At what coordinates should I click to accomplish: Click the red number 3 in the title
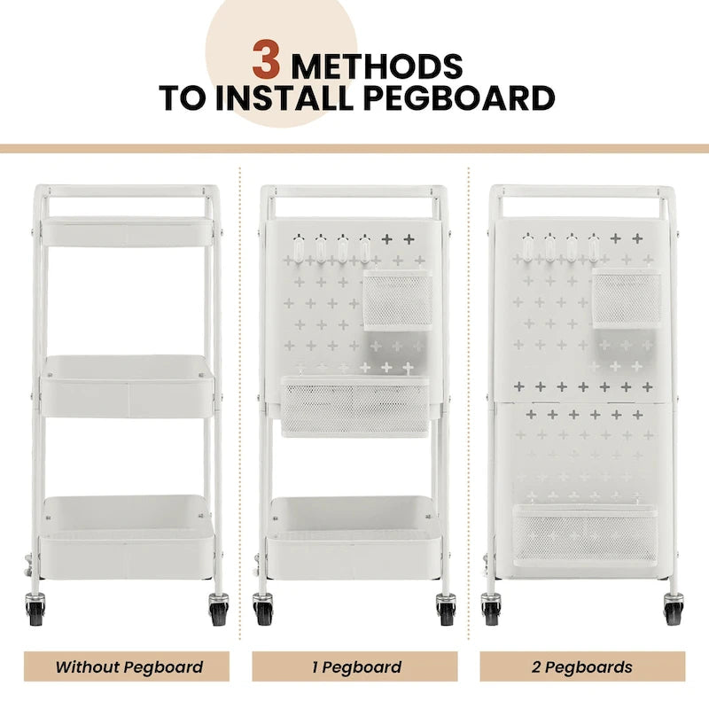pos(266,59)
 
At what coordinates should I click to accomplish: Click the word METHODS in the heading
pos(378,66)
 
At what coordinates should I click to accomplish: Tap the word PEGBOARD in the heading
pos(459,97)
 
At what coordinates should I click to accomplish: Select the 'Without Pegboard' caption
pos(129,667)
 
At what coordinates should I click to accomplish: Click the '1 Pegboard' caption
pos(356,667)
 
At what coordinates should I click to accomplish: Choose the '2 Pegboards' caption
pos(582,667)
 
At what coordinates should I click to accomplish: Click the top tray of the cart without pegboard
pos(127,231)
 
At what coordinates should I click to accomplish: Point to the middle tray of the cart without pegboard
pos(127,386)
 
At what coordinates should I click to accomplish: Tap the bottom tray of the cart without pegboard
pos(127,537)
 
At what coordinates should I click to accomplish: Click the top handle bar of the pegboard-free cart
pos(127,191)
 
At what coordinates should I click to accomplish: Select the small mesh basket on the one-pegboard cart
pos(398,300)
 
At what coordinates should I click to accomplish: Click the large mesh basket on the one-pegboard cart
pos(355,407)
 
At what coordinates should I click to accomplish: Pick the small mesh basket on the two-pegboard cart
pos(627,299)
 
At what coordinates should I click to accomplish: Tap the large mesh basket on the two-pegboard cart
pos(585,535)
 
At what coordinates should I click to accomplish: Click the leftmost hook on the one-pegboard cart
pos(299,248)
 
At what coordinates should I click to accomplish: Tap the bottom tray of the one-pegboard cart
pos(354,538)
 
